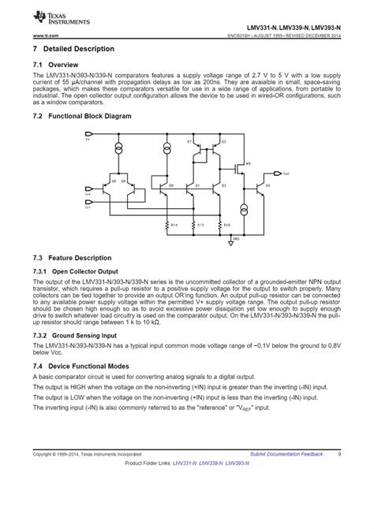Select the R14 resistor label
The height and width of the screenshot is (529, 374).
coord(174,225)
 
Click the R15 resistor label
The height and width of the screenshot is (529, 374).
coord(200,225)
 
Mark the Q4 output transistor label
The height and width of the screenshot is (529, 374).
coord(267,185)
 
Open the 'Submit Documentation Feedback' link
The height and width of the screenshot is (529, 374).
coord(286,455)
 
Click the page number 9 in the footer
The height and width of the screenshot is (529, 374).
coord(338,455)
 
